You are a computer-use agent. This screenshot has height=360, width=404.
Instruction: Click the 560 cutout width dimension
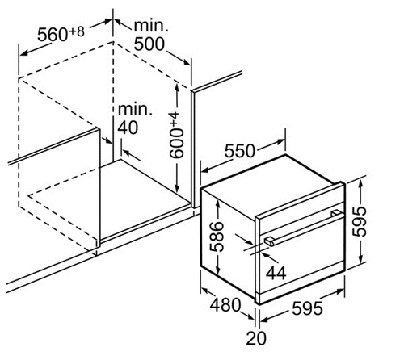pyautogui.click(x=53, y=35)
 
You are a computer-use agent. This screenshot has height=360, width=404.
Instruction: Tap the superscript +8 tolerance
pyautogui.click(x=77, y=31)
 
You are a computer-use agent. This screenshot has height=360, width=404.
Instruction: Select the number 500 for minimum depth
pyautogui.click(x=149, y=44)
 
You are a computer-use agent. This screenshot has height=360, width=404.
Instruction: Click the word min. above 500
pyautogui.click(x=151, y=26)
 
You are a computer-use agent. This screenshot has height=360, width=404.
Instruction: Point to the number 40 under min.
pyautogui.click(x=128, y=128)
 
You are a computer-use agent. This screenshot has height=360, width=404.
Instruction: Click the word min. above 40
pyautogui.click(x=135, y=109)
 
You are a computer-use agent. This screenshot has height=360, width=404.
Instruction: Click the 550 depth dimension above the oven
pyautogui.click(x=239, y=151)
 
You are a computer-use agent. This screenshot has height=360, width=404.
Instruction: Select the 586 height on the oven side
pyautogui.click(x=217, y=237)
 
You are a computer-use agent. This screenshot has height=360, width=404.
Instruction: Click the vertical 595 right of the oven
pyautogui.click(x=360, y=221)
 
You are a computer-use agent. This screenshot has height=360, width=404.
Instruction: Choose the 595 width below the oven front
pyautogui.click(x=307, y=308)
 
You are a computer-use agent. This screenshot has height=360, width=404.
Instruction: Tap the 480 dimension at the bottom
pyautogui.click(x=225, y=305)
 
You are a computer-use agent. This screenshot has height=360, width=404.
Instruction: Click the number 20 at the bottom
pyautogui.click(x=256, y=338)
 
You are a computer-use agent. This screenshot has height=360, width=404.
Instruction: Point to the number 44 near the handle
pyautogui.click(x=276, y=273)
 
